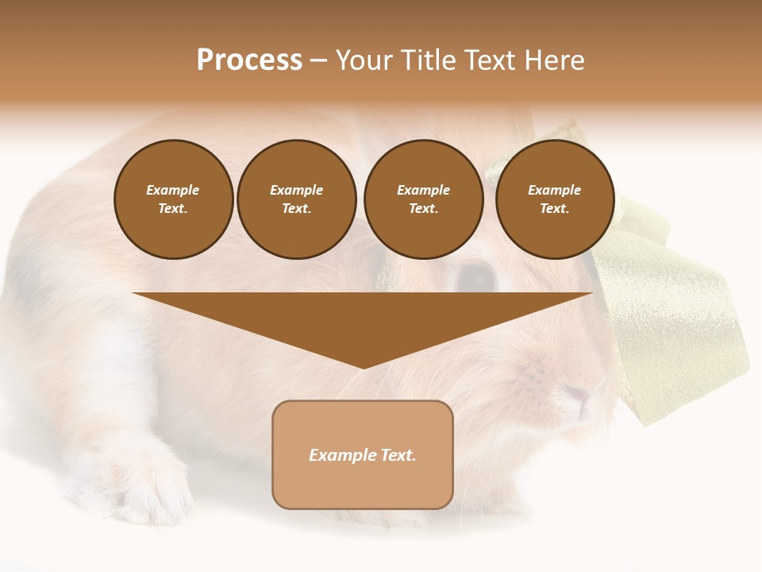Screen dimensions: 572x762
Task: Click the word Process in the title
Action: click(x=249, y=60)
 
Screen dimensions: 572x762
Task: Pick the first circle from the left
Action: click(x=174, y=199)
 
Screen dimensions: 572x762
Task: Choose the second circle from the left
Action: click(x=297, y=199)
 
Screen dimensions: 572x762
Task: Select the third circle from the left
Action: click(x=424, y=199)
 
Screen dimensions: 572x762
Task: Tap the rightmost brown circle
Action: click(x=555, y=199)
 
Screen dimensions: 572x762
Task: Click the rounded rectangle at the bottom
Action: click(x=363, y=454)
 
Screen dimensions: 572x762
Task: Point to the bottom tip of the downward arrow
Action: click(x=364, y=368)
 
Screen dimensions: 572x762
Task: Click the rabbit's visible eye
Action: click(x=476, y=276)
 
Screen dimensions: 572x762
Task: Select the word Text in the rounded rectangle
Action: click(x=398, y=455)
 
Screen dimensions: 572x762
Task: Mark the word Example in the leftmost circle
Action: click(x=173, y=190)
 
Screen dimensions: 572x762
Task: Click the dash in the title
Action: click(x=319, y=60)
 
